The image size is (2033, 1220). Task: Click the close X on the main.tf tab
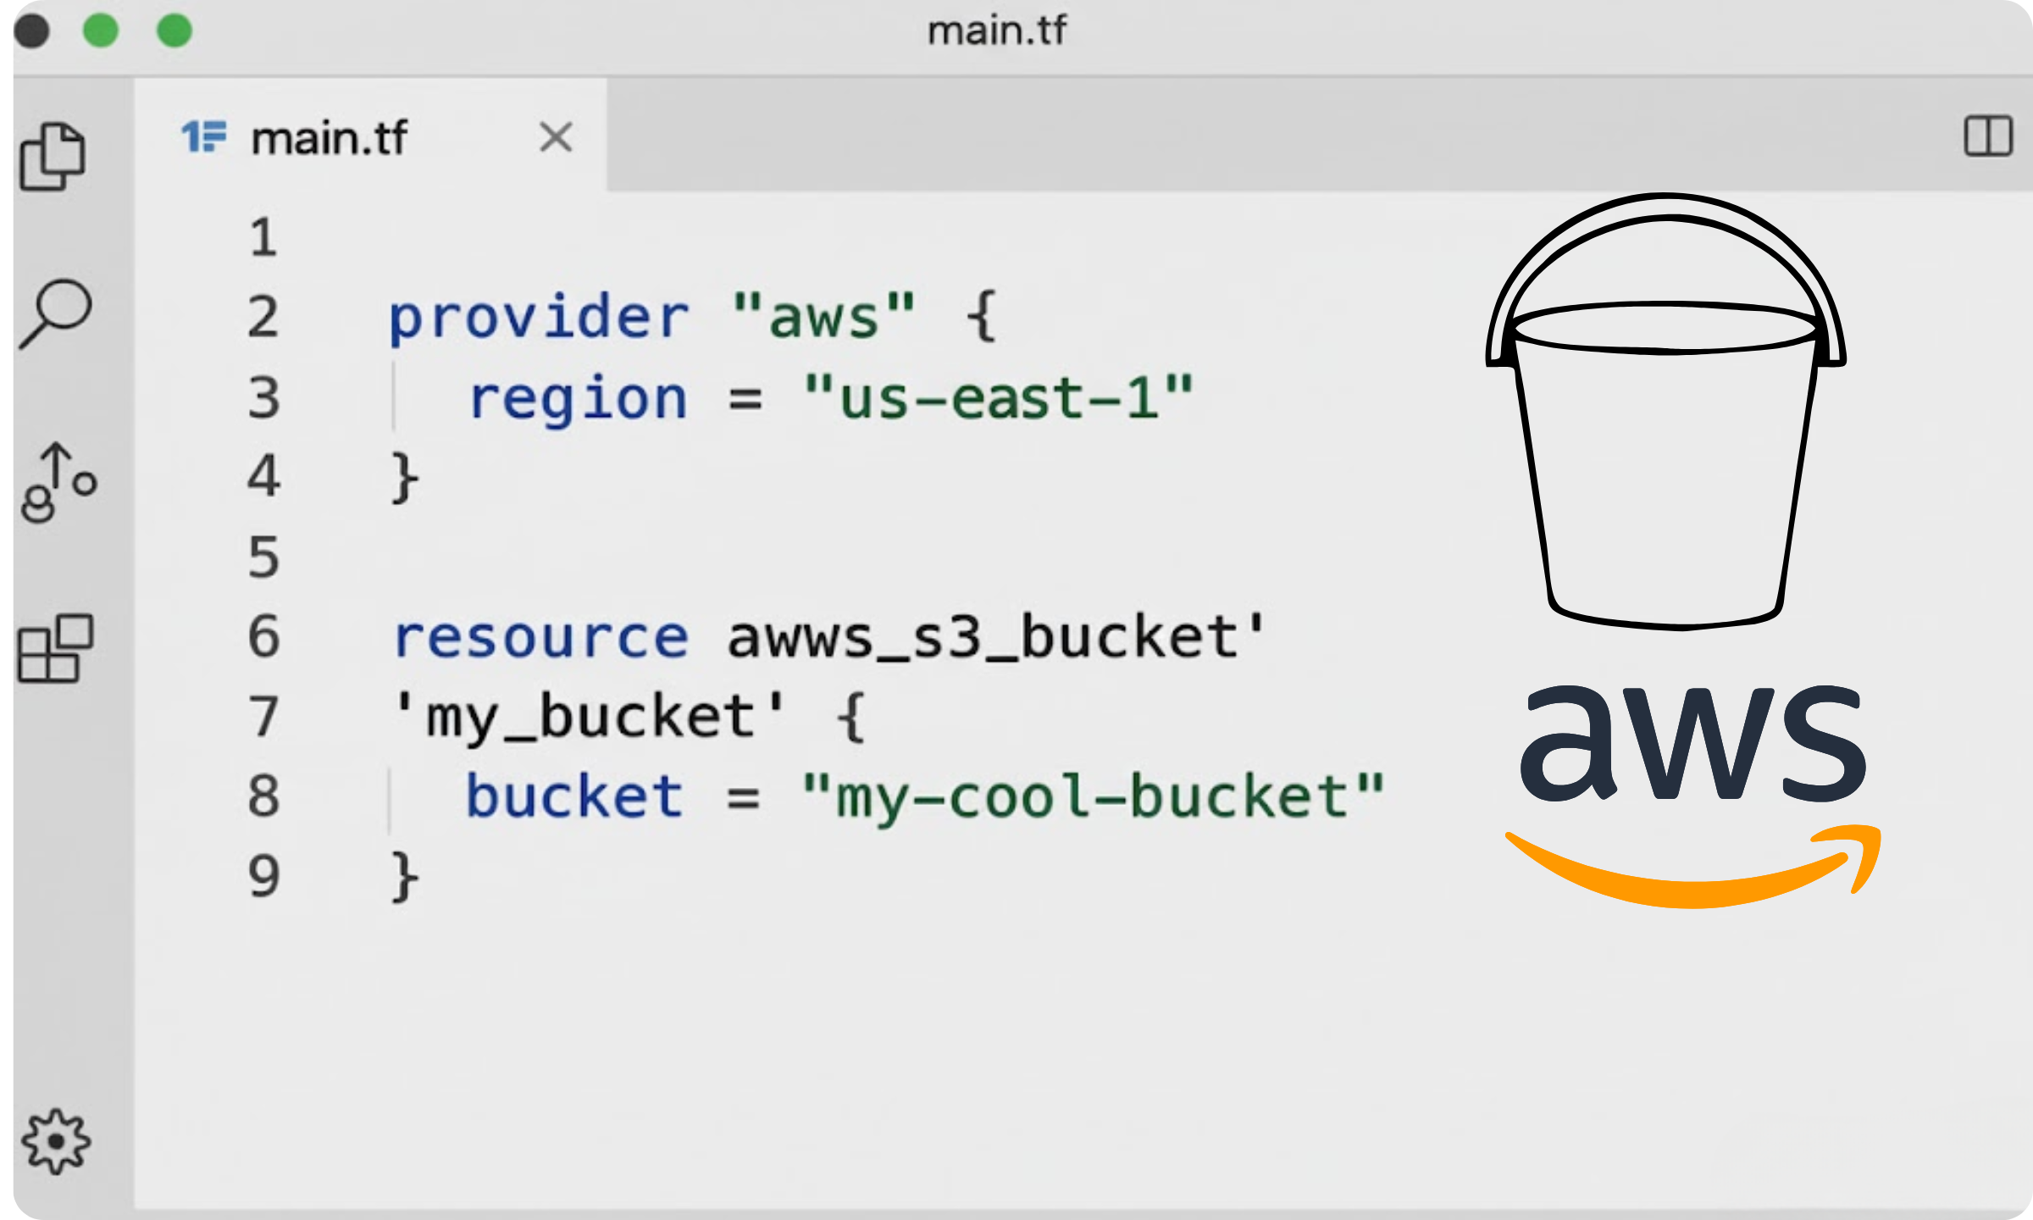(x=556, y=137)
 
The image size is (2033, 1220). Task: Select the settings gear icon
(x=56, y=1141)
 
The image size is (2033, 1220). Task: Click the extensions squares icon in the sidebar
(x=56, y=649)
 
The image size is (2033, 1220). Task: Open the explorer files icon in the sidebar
(x=53, y=157)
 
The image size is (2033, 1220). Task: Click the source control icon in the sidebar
(x=58, y=483)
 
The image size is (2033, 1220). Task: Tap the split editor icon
(x=1987, y=136)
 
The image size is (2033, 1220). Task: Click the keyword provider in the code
(x=539, y=318)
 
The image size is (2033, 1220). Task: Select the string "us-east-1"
(x=998, y=397)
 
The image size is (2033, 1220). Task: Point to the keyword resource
(x=540, y=637)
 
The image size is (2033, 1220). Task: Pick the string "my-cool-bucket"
(x=1093, y=796)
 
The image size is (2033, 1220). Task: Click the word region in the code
(x=578, y=397)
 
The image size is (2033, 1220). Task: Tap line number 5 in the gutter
(x=263, y=557)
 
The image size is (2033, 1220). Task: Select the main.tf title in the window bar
(x=997, y=31)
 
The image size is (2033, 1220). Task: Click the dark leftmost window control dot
(x=32, y=31)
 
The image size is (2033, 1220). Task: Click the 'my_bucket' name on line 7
(x=590, y=717)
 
